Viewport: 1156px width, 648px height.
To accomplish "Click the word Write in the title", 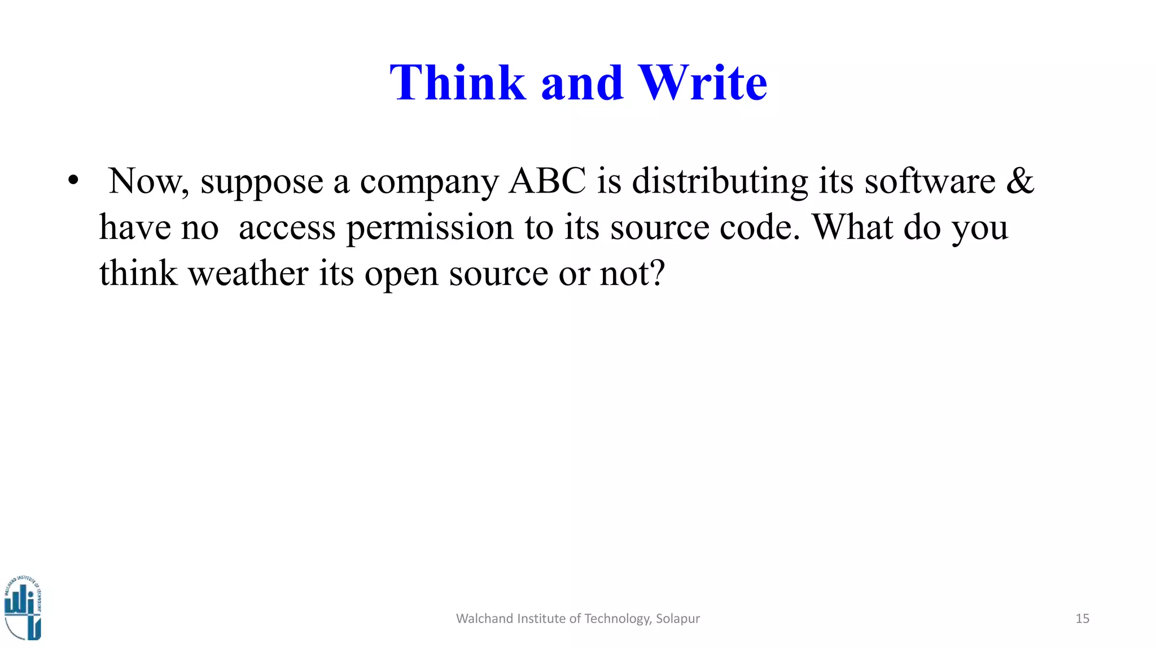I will coord(703,83).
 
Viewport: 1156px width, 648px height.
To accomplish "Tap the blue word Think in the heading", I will coord(458,83).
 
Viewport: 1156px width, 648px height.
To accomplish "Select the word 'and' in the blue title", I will coord(582,84).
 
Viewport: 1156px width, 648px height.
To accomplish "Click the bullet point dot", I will coord(73,181).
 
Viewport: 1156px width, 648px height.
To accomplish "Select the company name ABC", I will coord(547,181).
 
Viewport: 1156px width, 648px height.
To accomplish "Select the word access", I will coord(287,229).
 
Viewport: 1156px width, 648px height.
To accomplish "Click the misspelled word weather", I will coord(248,274).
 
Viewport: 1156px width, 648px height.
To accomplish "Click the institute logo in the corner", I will coord(23,608).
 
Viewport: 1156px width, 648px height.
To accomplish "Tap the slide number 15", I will coord(1082,619).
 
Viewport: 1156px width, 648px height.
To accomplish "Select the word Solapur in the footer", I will coord(677,619).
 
